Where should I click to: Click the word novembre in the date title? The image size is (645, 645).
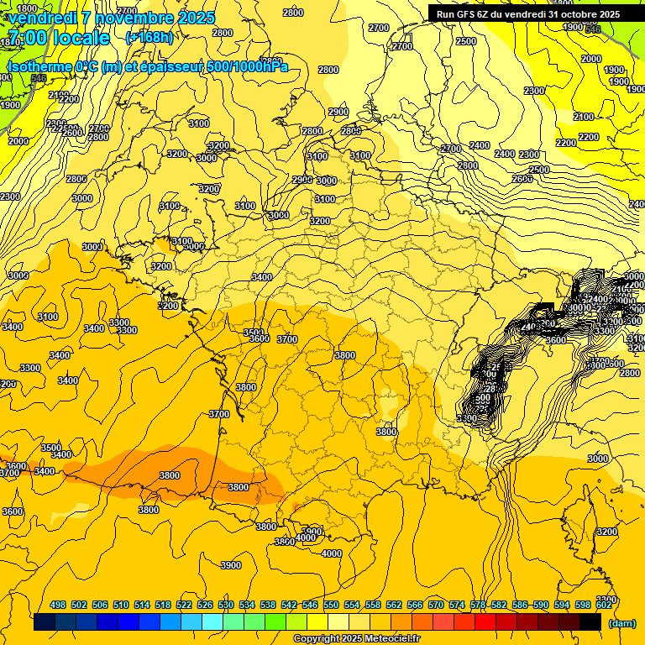coord(128,18)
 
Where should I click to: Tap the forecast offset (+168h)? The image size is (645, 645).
coord(149,38)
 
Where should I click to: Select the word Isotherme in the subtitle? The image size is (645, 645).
coord(39,66)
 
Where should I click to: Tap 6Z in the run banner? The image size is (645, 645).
coord(485,14)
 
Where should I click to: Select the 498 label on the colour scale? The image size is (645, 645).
coord(58,605)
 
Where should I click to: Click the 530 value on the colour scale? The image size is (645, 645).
coord(226,605)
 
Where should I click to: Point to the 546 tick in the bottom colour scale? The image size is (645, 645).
coord(310,605)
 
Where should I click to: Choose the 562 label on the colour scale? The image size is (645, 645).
coord(394,605)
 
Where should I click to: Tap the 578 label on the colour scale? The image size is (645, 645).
coord(478,605)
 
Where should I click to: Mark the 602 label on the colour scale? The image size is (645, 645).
coord(604,605)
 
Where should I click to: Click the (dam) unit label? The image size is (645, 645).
coord(621,623)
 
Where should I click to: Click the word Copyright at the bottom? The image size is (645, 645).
coord(316,639)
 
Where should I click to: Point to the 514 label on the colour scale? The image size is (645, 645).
coord(142,605)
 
